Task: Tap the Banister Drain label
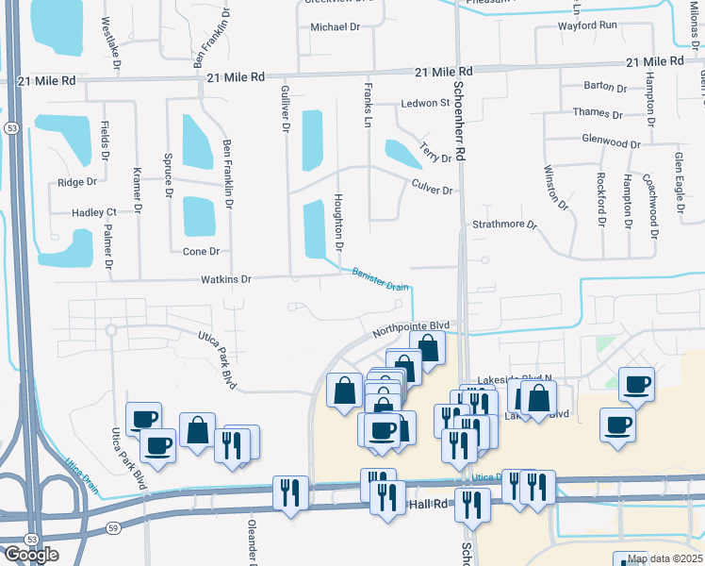(x=380, y=280)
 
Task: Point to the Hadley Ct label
(x=94, y=213)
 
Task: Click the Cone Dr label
(x=200, y=252)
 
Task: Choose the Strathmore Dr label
(x=503, y=225)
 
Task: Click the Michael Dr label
(x=336, y=27)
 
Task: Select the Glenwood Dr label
(x=612, y=144)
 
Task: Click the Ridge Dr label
(x=77, y=182)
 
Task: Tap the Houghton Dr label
(x=337, y=222)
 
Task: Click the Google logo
(x=31, y=555)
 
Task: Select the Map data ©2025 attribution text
(x=664, y=558)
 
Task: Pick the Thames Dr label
(x=598, y=114)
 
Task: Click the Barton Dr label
(x=605, y=86)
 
